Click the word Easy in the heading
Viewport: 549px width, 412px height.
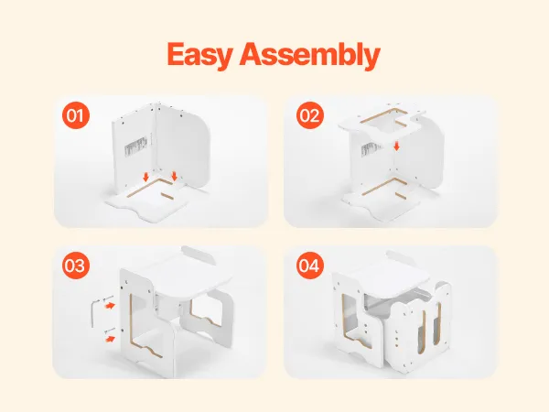click(199, 55)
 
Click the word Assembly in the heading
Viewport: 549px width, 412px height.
click(310, 55)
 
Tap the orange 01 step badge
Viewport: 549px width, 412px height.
click(76, 115)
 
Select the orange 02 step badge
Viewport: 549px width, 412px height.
click(310, 115)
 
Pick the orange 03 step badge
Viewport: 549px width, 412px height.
click(76, 266)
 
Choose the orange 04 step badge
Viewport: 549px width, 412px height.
click(310, 266)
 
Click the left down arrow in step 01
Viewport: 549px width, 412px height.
click(146, 176)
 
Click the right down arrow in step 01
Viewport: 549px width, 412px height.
click(175, 176)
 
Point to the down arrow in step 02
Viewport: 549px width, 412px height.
click(396, 146)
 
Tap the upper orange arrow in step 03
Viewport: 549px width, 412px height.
click(110, 306)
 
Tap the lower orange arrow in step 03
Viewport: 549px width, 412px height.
click(110, 339)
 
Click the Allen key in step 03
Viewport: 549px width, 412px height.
click(95, 313)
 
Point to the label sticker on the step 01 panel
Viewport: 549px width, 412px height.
click(135, 145)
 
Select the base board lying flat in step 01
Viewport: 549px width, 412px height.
click(147, 201)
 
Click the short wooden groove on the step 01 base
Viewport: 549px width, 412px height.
click(167, 195)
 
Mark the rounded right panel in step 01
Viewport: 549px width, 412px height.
click(182, 147)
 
